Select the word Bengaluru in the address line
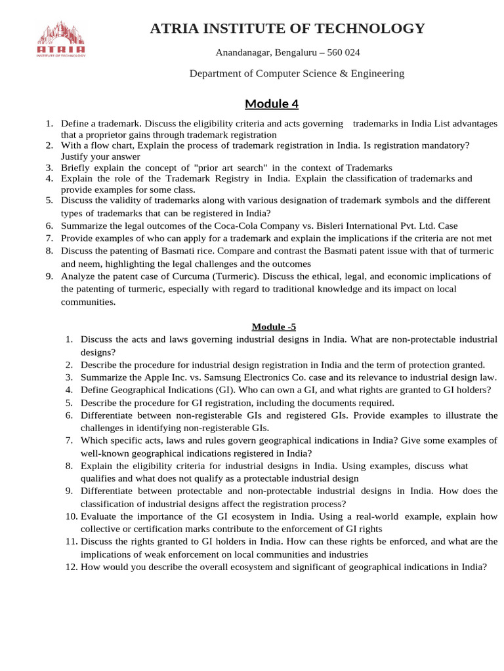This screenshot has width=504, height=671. (293, 52)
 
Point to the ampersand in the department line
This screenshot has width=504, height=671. (341, 73)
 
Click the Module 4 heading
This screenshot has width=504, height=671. (272, 104)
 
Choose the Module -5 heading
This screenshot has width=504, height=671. (276, 326)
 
